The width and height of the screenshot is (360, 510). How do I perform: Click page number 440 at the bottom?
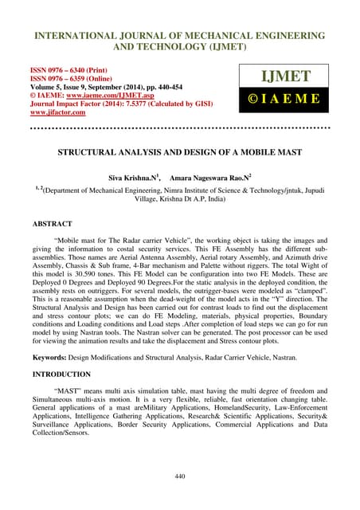pyautogui.click(x=179, y=475)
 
